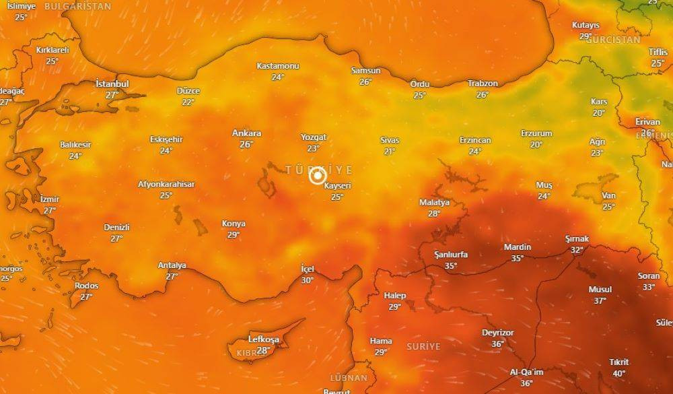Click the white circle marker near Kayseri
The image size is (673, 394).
(318, 176)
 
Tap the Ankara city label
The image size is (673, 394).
(246, 133)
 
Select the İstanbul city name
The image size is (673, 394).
(112, 84)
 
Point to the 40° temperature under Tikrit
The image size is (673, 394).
(618, 373)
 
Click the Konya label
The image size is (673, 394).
(234, 224)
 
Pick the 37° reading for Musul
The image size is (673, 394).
(600, 300)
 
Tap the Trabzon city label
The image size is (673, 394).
(483, 84)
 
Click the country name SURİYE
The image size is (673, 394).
(423, 346)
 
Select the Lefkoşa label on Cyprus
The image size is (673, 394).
(263, 339)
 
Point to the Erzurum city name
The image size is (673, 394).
(536, 133)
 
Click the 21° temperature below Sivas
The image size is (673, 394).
(390, 152)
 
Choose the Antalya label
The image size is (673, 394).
(172, 265)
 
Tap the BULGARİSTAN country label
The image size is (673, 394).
(77, 6)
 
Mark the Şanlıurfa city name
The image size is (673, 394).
(451, 255)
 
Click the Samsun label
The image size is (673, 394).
(365, 71)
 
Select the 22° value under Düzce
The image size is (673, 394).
(188, 102)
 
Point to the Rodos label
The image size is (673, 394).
(86, 286)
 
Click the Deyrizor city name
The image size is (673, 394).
(497, 333)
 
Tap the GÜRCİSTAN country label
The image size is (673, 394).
(613, 40)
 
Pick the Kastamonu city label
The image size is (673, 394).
(278, 66)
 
